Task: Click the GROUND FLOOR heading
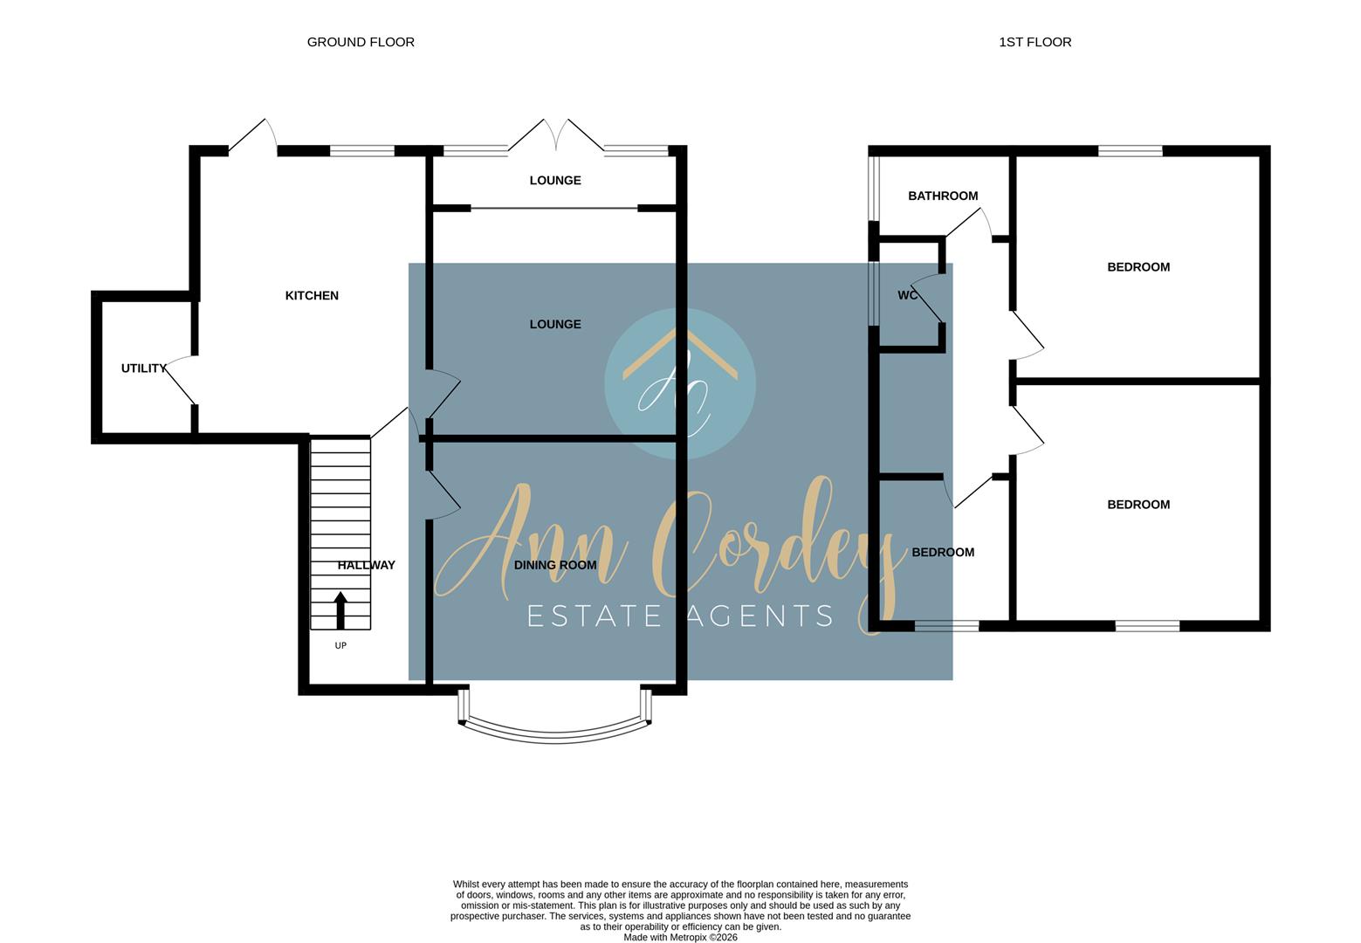[361, 42]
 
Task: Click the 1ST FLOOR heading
[1034, 42]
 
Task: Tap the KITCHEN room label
[312, 295]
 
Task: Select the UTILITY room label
[143, 368]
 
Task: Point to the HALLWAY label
[367, 565]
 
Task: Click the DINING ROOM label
[555, 565]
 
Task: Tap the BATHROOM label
[943, 196]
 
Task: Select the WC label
[908, 295]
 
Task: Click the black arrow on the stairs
[340, 610]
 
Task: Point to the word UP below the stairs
[340, 645]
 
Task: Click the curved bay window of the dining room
[554, 736]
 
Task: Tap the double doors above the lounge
[556, 134]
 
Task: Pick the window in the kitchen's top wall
[362, 151]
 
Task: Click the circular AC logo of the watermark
[680, 383]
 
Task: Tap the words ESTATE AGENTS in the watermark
[680, 616]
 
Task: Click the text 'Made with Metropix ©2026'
[681, 937]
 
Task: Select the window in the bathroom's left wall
[873, 189]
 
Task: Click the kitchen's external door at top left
[253, 134]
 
